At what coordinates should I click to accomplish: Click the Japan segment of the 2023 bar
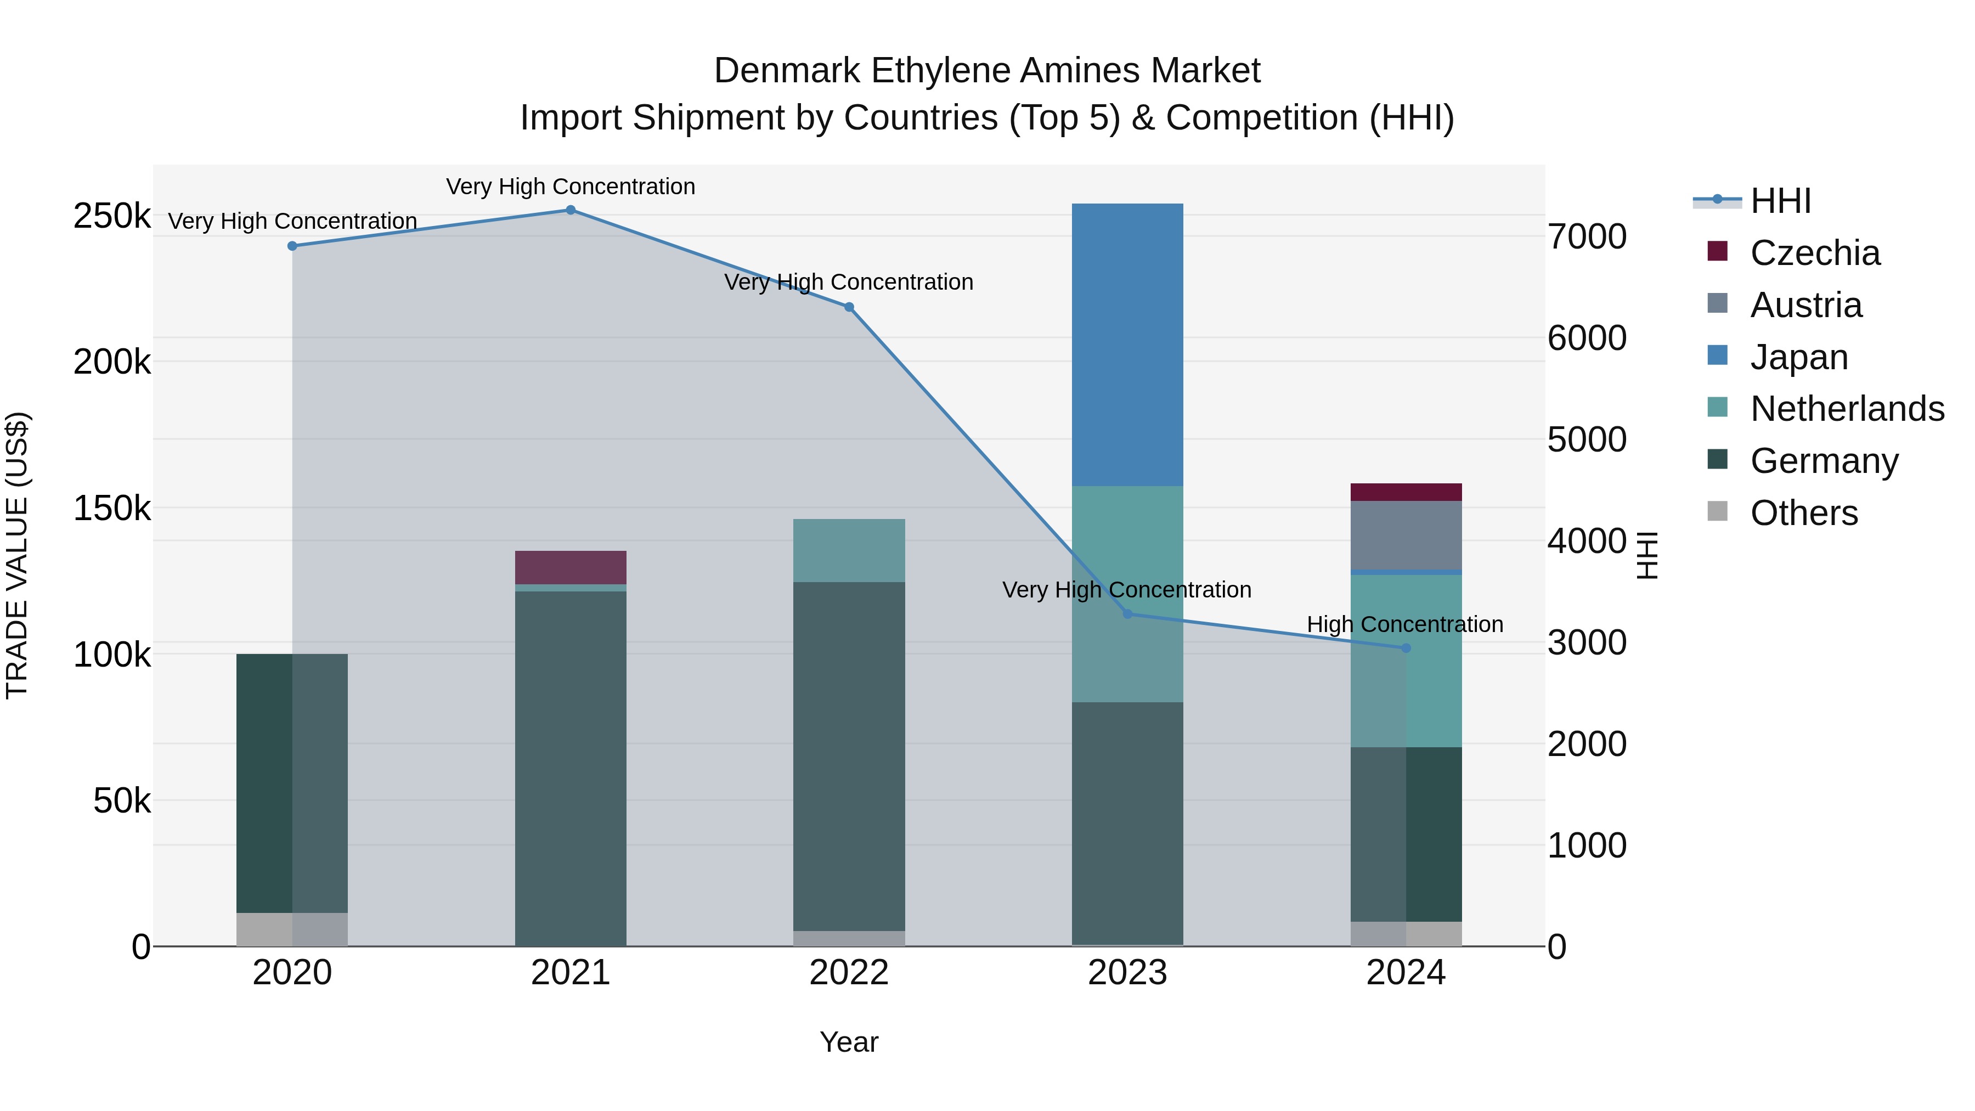tap(1127, 345)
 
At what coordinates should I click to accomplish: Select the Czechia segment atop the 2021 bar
tap(571, 567)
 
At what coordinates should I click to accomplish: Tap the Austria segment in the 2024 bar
tap(1406, 535)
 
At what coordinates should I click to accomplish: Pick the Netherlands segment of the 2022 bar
tap(849, 550)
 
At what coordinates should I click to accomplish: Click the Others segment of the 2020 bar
tap(291, 929)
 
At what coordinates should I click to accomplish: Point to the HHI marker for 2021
tap(571, 210)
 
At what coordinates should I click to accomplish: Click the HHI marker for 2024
tap(1406, 648)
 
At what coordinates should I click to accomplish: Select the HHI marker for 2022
tap(849, 307)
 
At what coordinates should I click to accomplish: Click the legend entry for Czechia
tap(1815, 253)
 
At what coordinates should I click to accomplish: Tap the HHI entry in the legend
tap(1780, 201)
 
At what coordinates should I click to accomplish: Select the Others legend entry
tap(1803, 513)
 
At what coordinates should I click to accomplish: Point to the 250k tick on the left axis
tap(112, 216)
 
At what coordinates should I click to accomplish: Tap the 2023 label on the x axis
tap(1127, 973)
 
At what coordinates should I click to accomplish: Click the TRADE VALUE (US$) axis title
tap(17, 555)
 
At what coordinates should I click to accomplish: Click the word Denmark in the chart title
tap(787, 71)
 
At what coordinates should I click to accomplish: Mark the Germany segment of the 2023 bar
tap(1127, 824)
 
